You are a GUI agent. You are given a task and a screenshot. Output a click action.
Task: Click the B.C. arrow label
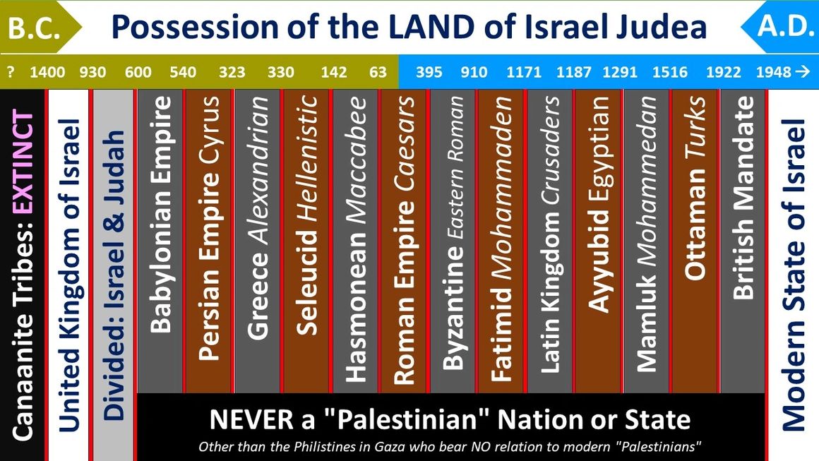(35, 27)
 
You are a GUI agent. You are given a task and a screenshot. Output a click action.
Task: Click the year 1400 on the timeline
(47, 73)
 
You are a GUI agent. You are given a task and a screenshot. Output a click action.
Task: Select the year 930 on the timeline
(92, 73)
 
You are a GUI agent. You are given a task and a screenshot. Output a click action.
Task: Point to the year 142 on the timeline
(334, 73)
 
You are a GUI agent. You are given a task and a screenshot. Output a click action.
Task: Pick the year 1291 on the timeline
(620, 73)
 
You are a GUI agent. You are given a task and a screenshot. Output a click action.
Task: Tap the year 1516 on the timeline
(669, 73)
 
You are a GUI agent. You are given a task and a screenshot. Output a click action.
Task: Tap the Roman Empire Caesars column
(404, 240)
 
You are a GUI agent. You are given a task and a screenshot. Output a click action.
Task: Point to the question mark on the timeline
(11, 73)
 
